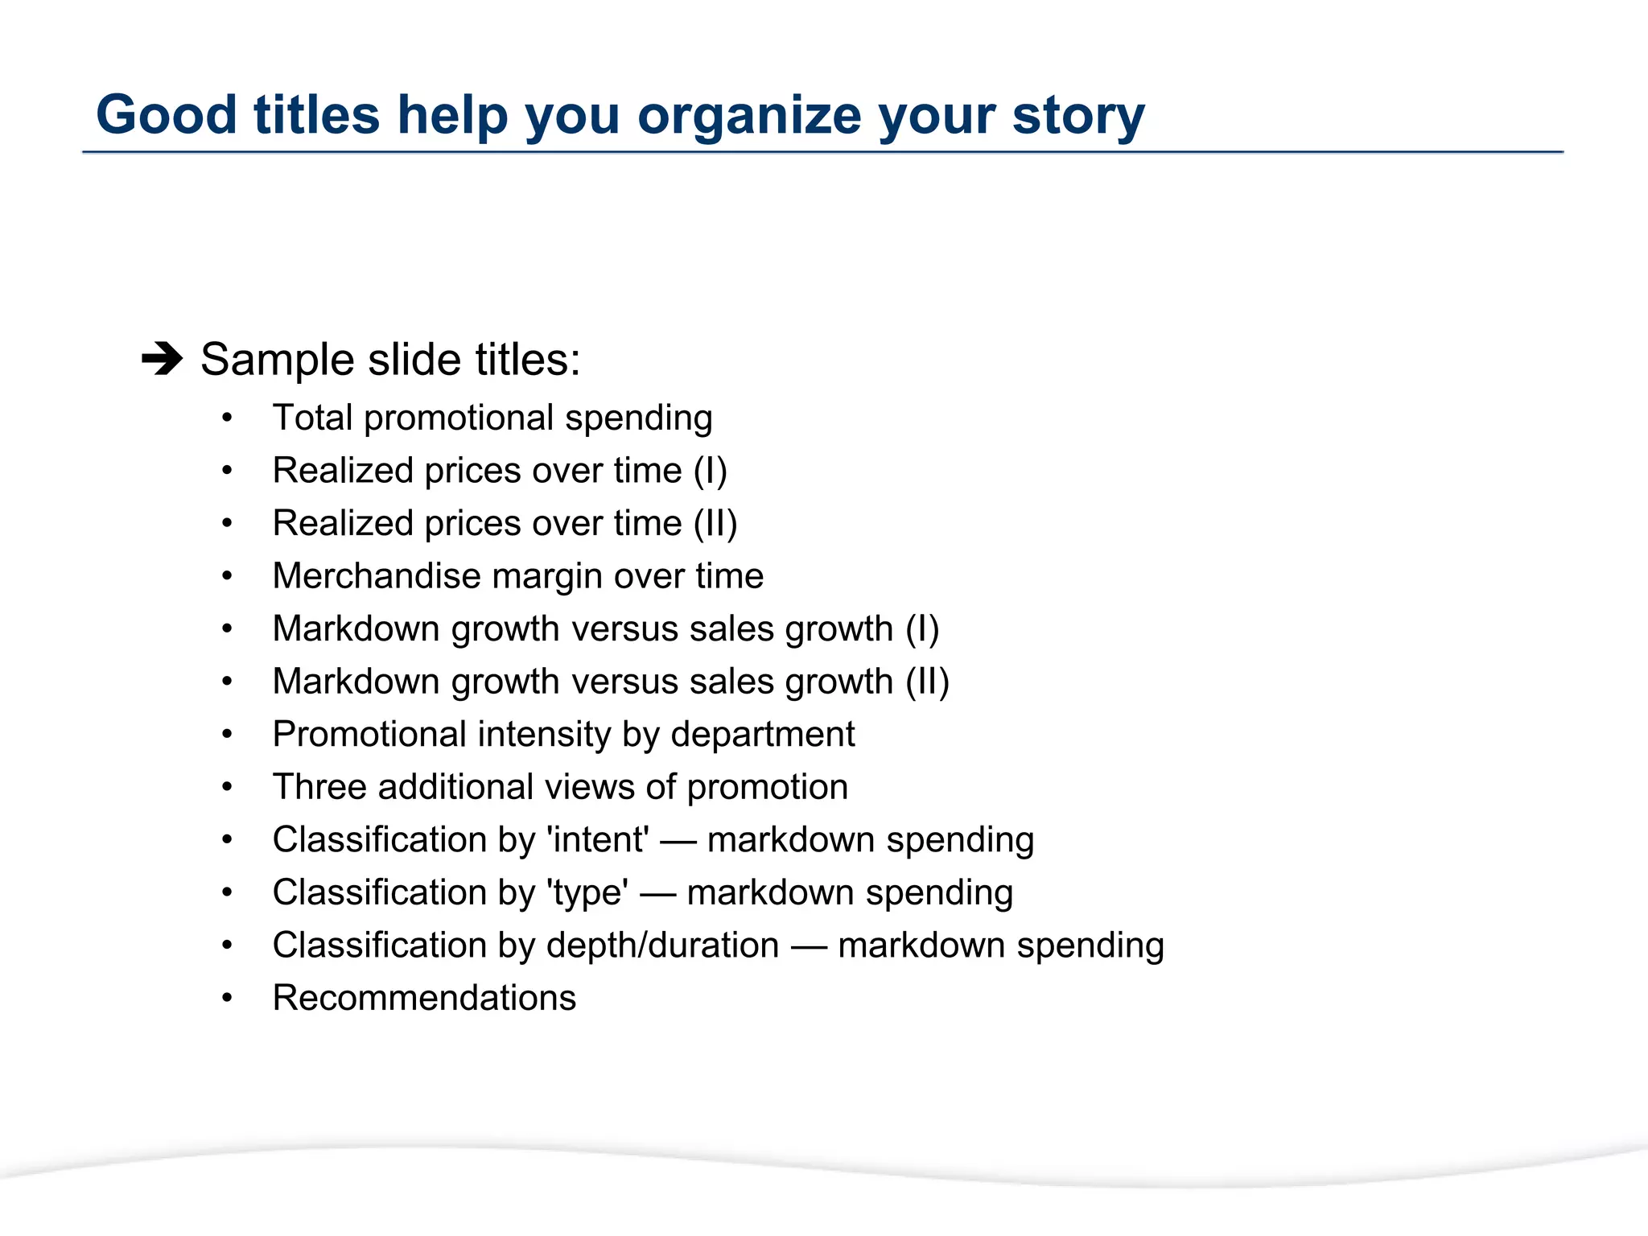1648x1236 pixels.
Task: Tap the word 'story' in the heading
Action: point(1078,115)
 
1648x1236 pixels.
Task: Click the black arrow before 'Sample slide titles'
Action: point(162,358)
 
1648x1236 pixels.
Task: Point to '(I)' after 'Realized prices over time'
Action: point(710,471)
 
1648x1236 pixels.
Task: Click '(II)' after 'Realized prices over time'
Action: point(715,523)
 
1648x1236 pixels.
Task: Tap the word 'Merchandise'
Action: point(376,576)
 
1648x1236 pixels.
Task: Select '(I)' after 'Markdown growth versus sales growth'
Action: point(922,628)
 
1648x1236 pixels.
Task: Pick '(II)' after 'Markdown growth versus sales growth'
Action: point(927,682)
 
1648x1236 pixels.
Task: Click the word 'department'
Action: point(763,734)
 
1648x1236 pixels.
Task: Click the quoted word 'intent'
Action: point(598,839)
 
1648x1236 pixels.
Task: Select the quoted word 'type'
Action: point(587,892)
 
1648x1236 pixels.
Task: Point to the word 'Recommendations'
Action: point(424,998)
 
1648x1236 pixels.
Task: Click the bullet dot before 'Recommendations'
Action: point(228,999)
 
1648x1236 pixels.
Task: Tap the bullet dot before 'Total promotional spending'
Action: point(228,418)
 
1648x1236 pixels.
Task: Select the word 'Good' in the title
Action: point(166,115)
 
